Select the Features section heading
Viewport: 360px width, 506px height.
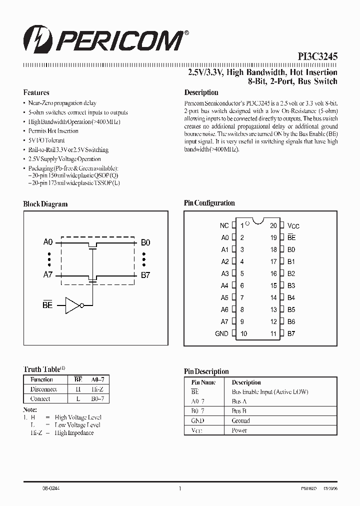(x=36, y=92)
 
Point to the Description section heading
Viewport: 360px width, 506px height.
(x=201, y=92)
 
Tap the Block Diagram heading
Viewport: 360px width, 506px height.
(x=45, y=204)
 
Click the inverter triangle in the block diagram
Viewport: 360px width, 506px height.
(x=73, y=304)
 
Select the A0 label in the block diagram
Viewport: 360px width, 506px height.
(x=48, y=242)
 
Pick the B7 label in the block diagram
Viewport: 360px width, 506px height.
(x=145, y=275)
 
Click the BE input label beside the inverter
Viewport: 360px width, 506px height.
(x=47, y=304)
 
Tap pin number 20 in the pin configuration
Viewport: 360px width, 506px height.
(x=273, y=226)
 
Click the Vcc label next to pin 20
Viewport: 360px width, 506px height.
(x=293, y=226)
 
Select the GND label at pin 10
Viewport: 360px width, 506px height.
(x=221, y=333)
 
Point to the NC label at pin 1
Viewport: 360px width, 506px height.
(x=224, y=226)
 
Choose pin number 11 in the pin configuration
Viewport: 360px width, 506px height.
(x=273, y=333)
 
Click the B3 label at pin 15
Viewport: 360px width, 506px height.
(x=291, y=285)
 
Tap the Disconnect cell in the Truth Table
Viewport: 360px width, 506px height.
(x=43, y=389)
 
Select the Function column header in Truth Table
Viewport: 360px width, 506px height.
(x=41, y=380)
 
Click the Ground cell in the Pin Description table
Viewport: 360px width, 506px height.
(x=240, y=420)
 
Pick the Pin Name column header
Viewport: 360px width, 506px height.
(x=203, y=382)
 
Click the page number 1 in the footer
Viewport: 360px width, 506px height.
(x=179, y=488)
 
